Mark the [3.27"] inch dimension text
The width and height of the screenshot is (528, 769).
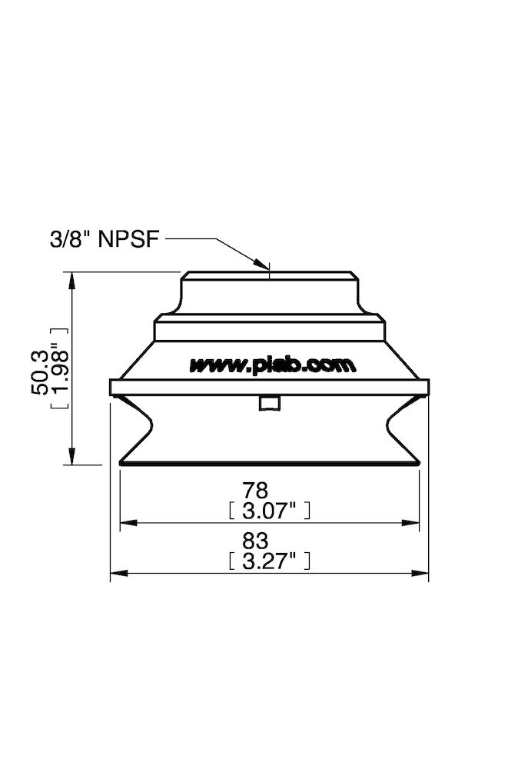click(270, 561)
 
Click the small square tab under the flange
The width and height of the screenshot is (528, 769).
click(269, 404)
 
